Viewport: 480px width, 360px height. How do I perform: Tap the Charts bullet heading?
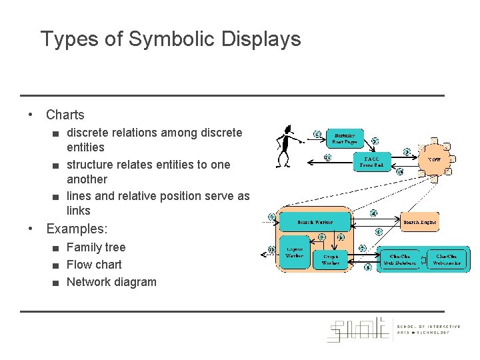65,115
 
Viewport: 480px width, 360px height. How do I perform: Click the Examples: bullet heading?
76,229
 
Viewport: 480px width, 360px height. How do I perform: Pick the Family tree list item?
96,247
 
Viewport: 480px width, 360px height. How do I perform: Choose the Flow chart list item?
94,265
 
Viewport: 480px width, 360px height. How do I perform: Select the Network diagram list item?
111,282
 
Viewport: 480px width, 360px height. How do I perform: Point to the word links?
78,211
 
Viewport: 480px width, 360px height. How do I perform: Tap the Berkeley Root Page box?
345,138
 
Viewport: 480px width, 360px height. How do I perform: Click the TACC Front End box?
371,162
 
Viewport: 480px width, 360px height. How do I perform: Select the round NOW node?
434,160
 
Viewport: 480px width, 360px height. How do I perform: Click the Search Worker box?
314,221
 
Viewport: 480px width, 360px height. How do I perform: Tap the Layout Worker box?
294,252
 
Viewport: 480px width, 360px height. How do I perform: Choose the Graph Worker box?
331,259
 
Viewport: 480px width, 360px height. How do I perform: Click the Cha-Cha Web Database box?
399,259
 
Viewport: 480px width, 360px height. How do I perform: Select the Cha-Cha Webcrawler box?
448,259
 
